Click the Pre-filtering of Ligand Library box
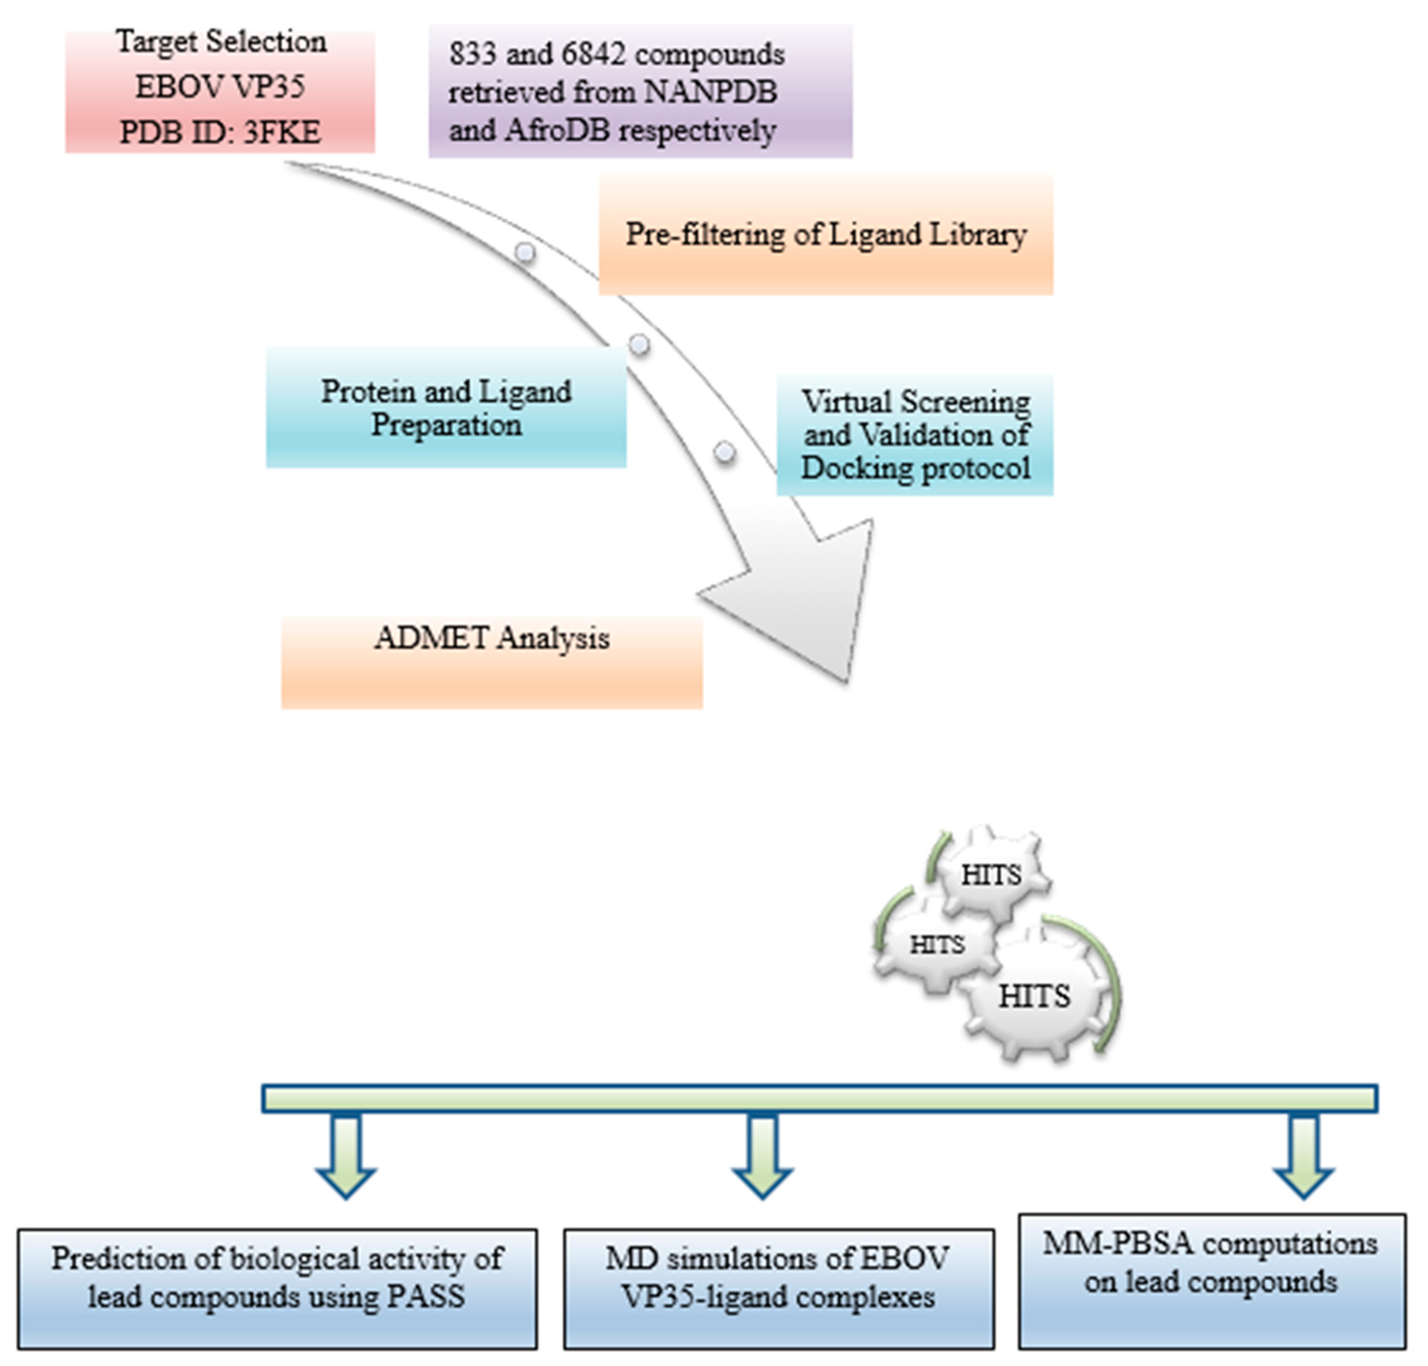coord(825,235)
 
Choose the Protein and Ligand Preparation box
coord(446,408)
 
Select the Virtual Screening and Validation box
coord(915,435)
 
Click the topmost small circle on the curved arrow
coord(525,253)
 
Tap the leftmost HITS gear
coord(937,945)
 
